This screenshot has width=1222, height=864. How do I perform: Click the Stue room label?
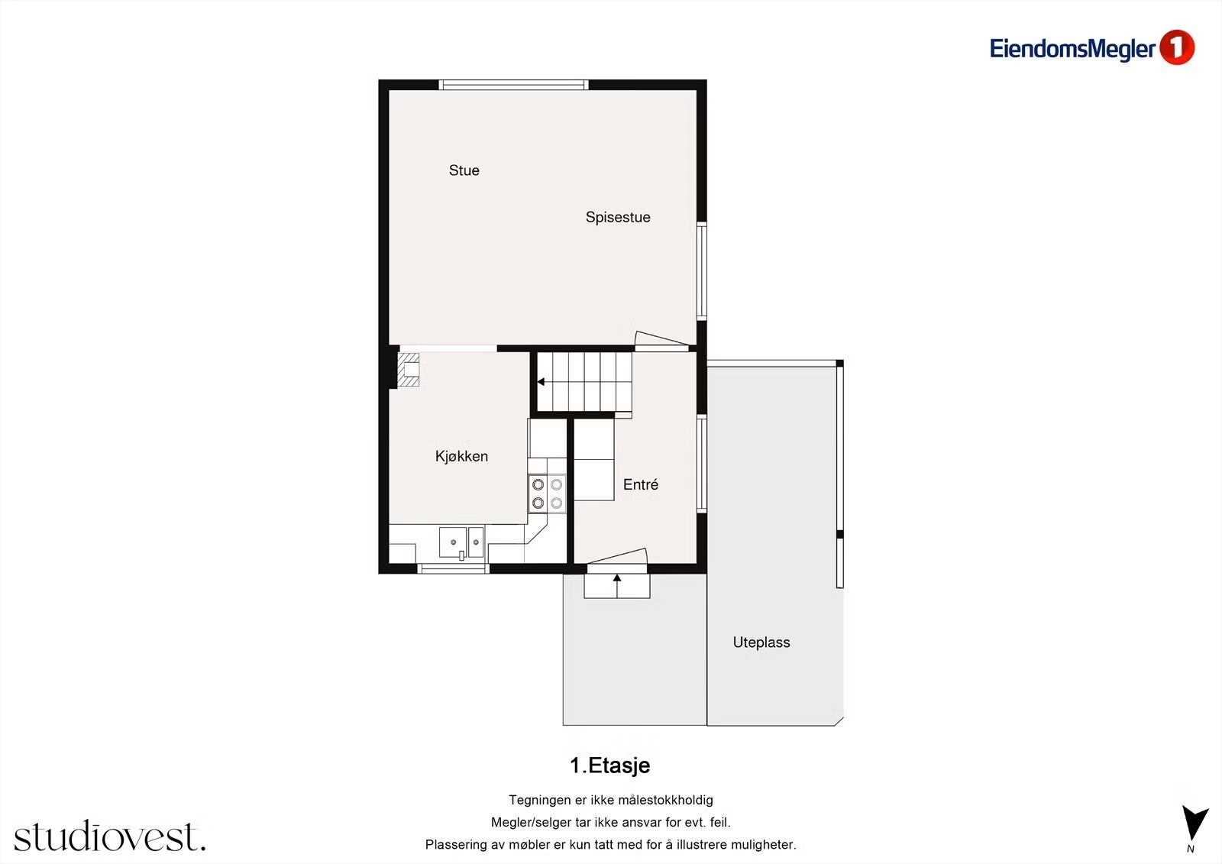click(464, 170)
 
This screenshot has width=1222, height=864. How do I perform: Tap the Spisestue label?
click(617, 217)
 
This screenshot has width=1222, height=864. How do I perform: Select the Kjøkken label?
click(461, 456)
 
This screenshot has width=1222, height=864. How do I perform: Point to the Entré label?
click(640, 484)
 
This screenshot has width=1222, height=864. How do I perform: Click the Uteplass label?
click(761, 642)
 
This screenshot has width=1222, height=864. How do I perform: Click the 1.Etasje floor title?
click(609, 765)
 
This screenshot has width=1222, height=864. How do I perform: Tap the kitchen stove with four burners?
click(547, 493)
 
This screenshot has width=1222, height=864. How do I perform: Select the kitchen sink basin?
click(453, 542)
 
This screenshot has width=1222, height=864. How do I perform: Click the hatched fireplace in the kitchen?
click(409, 370)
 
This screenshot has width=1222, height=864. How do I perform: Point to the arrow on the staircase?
click(541, 381)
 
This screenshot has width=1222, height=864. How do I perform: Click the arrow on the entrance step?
click(617, 579)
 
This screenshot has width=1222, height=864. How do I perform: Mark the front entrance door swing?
click(617, 559)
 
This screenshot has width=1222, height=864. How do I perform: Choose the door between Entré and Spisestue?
click(661, 341)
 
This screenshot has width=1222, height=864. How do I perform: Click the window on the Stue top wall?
click(514, 85)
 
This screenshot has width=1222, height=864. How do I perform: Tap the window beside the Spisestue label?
click(702, 270)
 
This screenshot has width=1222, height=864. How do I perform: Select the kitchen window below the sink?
click(454, 568)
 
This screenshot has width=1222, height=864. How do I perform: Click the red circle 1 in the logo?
click(1176, 47)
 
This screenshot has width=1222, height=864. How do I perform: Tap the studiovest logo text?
click(109, 836)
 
